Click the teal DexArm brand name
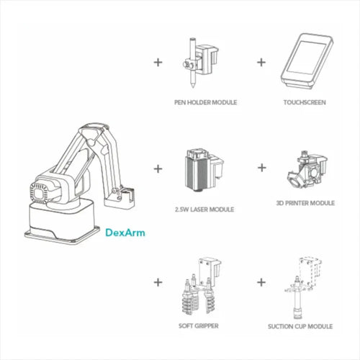coord(126,233)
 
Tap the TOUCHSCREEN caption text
coord(305,102)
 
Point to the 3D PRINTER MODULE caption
coord(305,203)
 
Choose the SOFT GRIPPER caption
coord(199,325)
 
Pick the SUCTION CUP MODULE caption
coord(305,325)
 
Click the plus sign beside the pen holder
coord(158,61)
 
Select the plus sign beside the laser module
coord(158,169)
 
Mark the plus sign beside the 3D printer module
coord(262,169)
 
